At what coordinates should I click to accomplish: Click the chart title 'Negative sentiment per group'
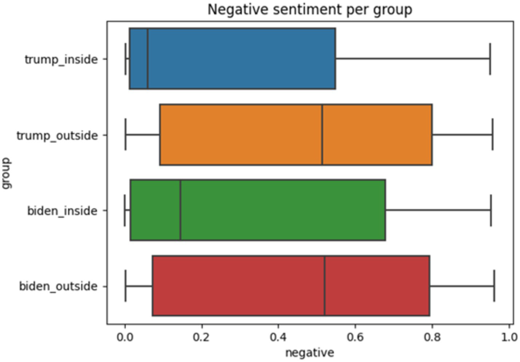(310, 9)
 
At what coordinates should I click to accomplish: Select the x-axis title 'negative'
(309, 353)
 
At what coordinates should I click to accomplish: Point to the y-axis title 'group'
(7, 173)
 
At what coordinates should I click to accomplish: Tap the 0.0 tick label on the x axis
(125, 337)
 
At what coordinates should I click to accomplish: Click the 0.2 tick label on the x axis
(202, 337)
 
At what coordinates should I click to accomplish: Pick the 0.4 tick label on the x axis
(278, 337)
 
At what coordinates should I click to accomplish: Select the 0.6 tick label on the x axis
(355, 337)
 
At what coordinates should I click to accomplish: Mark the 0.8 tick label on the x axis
(432, 337)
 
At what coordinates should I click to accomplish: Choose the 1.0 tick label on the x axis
(509, 337)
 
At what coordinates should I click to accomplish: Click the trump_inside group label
(61, 59)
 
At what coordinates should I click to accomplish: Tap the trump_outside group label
(57, 135)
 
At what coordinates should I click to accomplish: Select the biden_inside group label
(62, 211)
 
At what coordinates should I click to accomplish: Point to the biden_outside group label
(58, 286)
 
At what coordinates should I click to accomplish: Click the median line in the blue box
(147, 58)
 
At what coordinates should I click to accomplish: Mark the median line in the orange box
(322, 135)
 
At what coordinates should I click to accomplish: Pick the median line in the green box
(180, 210)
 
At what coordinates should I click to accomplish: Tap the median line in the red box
(325, 286)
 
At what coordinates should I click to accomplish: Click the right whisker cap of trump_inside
(490, 59)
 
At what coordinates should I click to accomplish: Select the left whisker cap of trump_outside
(126, 135)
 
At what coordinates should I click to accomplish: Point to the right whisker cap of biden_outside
(494, 286)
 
